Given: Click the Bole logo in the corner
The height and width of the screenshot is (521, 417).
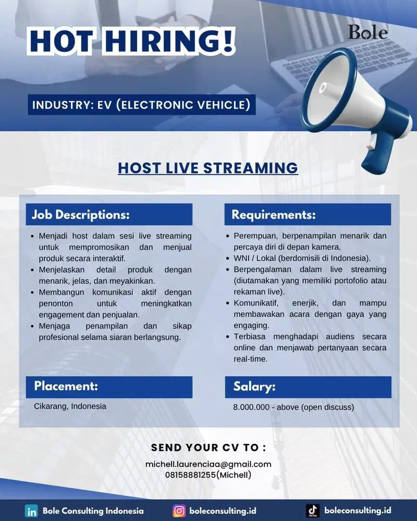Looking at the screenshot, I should click(368, 32).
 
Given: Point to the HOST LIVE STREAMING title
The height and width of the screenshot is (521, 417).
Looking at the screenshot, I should click(208, 168).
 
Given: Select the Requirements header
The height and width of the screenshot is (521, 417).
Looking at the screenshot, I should click(274, 215).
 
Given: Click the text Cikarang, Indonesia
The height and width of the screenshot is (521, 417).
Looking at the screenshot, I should click(70, 406).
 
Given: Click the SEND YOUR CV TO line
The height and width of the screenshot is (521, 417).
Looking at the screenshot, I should click(208, 448).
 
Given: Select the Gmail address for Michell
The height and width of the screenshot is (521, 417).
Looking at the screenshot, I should click(208, 464).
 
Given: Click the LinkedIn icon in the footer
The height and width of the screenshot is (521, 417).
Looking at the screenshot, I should click(31, 511).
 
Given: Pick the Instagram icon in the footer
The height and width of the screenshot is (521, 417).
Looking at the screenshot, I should click(179, 511).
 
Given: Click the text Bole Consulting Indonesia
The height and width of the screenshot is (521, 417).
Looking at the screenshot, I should click(93, 511).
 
